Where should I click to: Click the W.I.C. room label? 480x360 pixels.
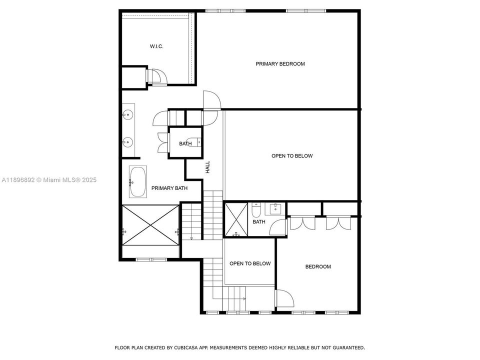156,46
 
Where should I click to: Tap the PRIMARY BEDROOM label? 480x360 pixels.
280,64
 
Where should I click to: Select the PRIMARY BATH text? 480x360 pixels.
169,188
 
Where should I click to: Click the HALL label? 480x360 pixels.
207,167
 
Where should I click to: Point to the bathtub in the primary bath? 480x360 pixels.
137,182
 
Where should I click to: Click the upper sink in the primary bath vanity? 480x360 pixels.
128,114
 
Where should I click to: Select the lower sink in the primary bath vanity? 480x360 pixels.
128,142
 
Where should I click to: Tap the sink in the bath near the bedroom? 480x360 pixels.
274,208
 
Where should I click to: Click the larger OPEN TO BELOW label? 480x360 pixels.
292,156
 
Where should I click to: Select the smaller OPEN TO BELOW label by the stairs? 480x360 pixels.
249,263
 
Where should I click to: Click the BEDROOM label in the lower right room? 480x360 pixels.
318,266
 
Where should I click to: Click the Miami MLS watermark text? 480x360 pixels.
49,180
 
